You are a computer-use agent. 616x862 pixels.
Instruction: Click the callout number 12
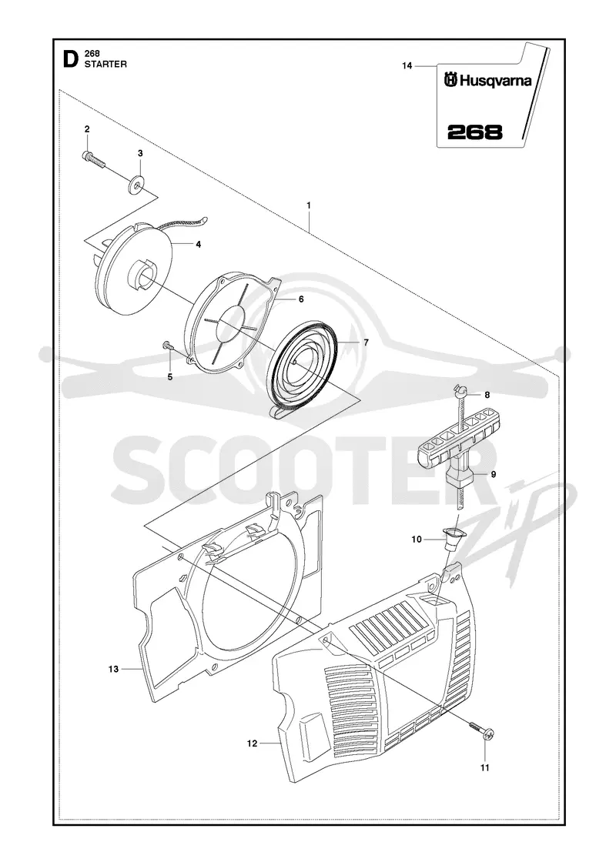[x=252, y=743]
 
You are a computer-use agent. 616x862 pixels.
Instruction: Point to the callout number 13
[x=113, y=669]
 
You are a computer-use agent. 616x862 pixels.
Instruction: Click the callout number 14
[x=407, y=66]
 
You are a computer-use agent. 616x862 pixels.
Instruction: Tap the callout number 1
[x=309, y=205]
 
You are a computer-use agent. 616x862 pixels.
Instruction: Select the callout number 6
[x=301, y=299]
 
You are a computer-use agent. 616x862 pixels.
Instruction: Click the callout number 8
[x=487, y=395]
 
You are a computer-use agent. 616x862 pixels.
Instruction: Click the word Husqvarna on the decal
[x=496, y=82]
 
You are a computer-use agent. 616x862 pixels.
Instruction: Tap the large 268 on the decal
[x=474, y=132]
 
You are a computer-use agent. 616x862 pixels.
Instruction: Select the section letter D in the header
[x=70, y=58]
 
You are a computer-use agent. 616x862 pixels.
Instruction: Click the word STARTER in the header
[x=105, y=65]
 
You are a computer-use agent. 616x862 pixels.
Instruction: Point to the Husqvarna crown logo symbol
[x=451, y=81]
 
